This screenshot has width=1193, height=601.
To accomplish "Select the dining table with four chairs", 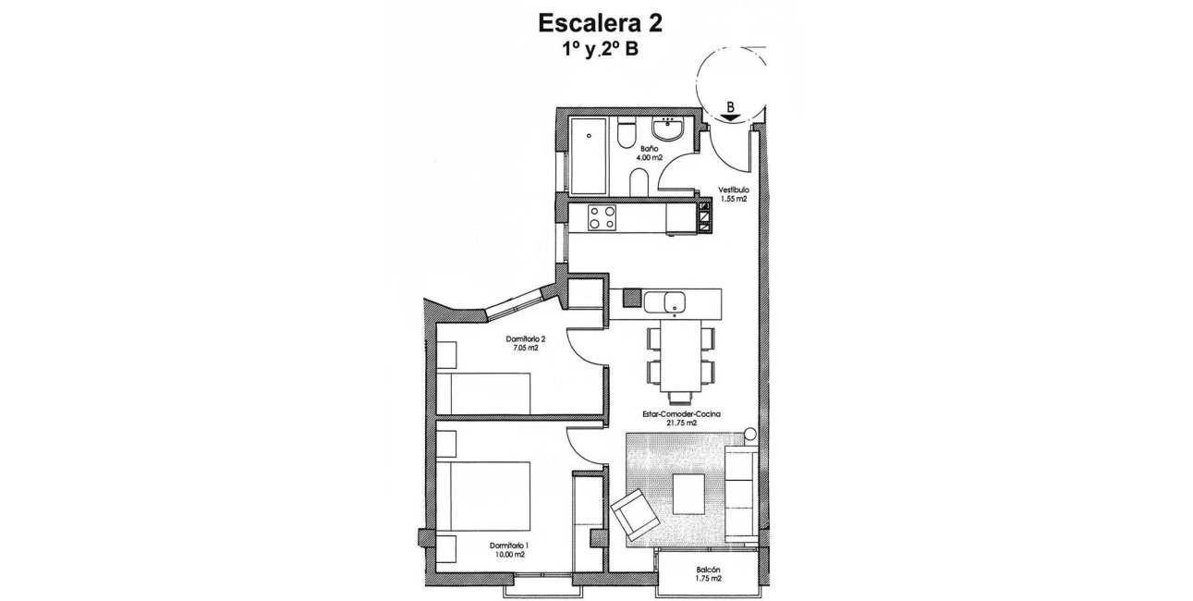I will pos(681,356).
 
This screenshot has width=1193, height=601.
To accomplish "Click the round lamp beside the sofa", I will pos(749,434).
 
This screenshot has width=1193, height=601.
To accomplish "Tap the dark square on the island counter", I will pos(632,298).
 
